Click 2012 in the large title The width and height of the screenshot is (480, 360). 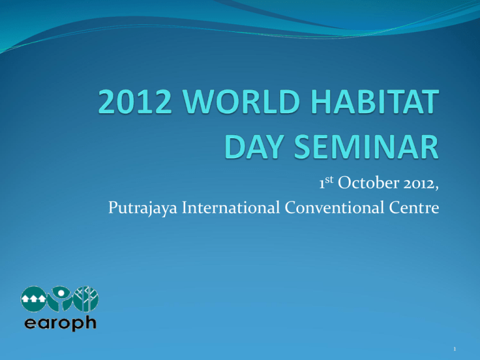pyautogui.click(x=135, y=101)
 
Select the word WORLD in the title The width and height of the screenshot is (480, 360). pyautogui.click(x=241, y=101)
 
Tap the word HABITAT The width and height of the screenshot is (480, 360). pyautogui.click(x=375, y=101)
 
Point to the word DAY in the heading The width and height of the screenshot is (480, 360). pyautogui.click(x=254, y=147)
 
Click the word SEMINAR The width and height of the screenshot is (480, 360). pyautogui.click(x=366, y=147)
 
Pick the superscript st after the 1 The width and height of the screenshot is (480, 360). pyautogui.click(x=329, y=179)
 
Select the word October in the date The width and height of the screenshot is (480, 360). pyautogui.click(x=369, y=182)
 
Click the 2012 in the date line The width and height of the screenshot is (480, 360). pyautogui.click(x=419, y=184)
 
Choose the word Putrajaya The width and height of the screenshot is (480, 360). pyautogui.click(x=143, y=208)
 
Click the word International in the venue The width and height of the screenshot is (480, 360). pyautogui.click(x=231, y=207)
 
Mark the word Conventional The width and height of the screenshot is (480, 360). pyautogui.click(x=334, y=207)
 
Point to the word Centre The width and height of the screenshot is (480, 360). pyautogui.click(x=414, y=207)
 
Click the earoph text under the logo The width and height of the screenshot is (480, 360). pyautogui.click(x=60, y=323)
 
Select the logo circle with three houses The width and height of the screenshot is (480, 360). pyautogui.click(x=33, y=299)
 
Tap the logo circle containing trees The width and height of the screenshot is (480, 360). pyautogui.click(x=86, y=299)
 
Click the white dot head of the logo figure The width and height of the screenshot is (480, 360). pyautogui.click(x=61, y=293)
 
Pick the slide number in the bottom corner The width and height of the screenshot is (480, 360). pyautogui.click(x=454, y=349)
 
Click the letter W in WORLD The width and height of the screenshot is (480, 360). pyautogui.click(x=199, y=101)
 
